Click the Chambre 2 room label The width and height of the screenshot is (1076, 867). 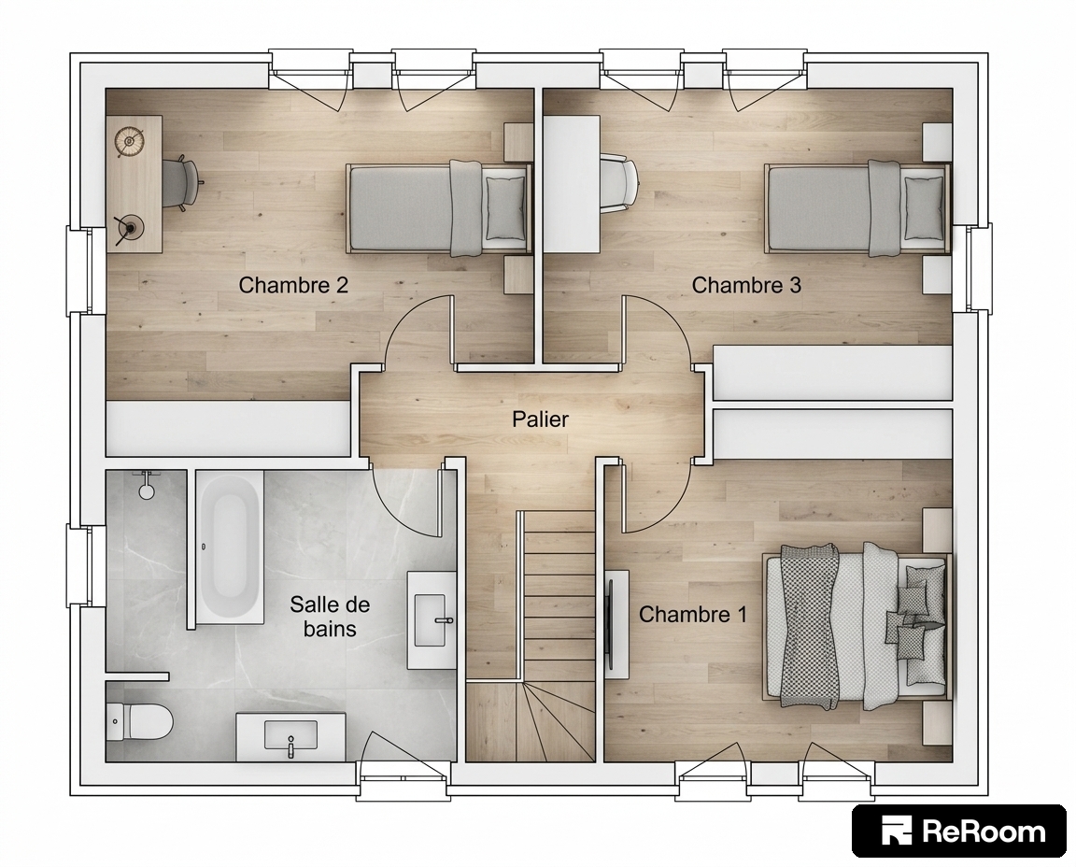(x=293, y=285)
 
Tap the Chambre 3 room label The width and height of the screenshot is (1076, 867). (x=746, y=285)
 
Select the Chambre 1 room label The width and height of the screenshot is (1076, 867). (x=692, y=614)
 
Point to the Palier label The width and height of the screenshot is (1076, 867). (x=540, y=419)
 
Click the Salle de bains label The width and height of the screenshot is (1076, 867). (x=330, y=617)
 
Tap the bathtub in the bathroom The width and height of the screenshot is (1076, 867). (x=230, y=547)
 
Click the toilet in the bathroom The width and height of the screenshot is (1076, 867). (x=140, y=721)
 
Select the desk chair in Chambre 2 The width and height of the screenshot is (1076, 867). (x=181, y=182)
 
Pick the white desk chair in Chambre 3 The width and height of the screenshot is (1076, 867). (x=619, y=182)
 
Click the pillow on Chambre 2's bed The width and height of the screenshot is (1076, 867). (x=505, y=207)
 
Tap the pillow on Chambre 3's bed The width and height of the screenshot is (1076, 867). (x=924, y=207)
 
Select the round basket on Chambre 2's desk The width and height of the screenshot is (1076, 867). (x=128, y=141)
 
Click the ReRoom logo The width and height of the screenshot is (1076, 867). (x=958, y=831)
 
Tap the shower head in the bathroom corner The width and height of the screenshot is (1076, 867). (x=146, y=485)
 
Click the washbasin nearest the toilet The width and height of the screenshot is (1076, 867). (x=291, y=736)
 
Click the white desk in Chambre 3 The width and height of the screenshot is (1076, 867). (x=572, y=184)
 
